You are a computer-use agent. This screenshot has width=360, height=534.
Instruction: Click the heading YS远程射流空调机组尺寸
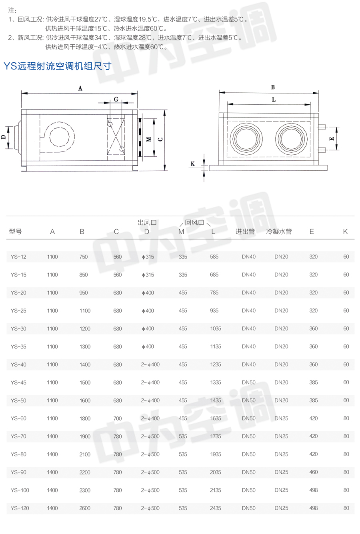(58, 66)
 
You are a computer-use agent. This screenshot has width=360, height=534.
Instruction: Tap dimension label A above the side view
(80, 88)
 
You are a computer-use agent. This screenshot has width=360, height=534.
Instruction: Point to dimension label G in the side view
(116, 99)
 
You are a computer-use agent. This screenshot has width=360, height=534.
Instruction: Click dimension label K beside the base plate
(192, 164)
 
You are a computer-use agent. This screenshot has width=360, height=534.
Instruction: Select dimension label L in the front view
(274, 100)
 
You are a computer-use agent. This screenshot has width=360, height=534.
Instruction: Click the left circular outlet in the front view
(246, 139)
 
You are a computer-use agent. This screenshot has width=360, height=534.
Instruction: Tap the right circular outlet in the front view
(291, 139)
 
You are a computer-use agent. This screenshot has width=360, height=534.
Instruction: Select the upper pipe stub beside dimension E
(321, 127)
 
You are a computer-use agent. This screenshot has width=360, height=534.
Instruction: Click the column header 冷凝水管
(279, 231)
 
